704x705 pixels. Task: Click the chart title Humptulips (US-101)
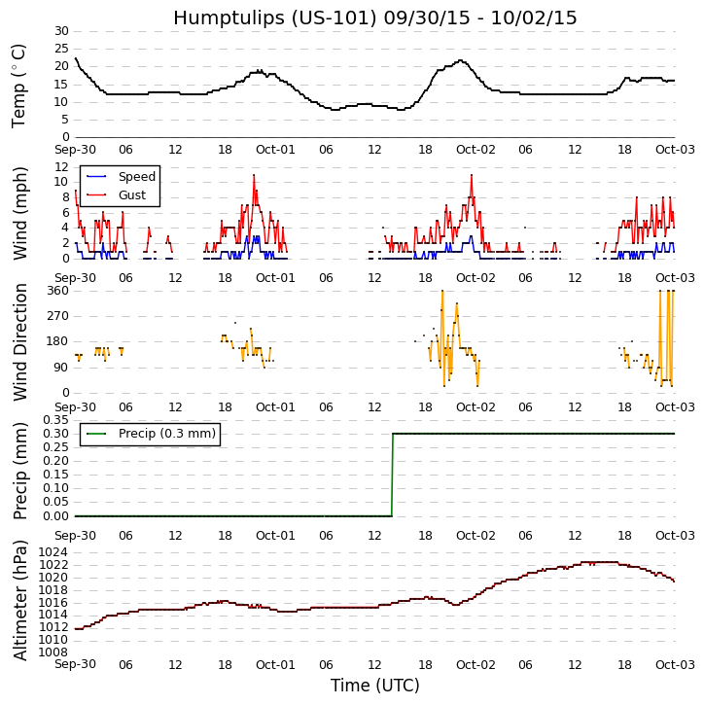coord(374,18)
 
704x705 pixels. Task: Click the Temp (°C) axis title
coord(19,85)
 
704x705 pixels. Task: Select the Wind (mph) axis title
coord(20,212)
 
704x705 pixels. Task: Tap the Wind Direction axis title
coord(20,341)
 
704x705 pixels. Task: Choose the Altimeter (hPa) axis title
coord(20,600)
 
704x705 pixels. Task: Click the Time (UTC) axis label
coord(374,686)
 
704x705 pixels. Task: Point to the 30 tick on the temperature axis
coord(61,31)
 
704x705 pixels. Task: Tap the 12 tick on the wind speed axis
coord(61,166)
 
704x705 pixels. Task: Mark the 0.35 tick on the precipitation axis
coord(55,420)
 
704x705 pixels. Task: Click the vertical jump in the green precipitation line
coord(392,475)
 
